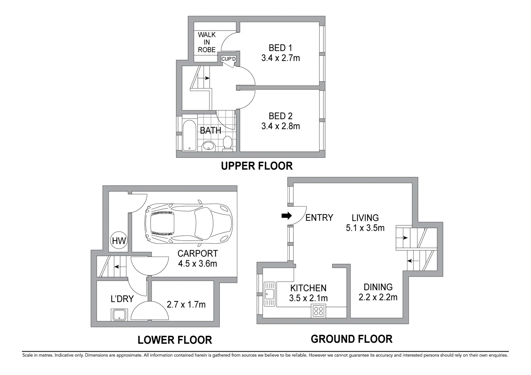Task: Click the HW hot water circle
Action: point(119,240)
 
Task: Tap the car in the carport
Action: point(189,223)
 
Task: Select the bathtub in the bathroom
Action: point(189,135)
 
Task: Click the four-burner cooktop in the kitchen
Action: point(318,311)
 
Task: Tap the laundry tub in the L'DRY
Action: point(120,315)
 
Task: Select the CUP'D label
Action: point(228,59)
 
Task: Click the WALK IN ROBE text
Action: point(207,42)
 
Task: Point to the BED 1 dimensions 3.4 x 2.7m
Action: point(280,58)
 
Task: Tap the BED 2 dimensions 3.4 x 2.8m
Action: point(280,126)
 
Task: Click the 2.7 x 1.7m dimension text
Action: point(186,305)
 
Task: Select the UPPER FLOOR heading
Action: point(257,166)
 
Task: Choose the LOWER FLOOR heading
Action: point(175,340)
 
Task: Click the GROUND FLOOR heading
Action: point(352,339)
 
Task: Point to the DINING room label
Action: point(378,287)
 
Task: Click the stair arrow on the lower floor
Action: point(120,267)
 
